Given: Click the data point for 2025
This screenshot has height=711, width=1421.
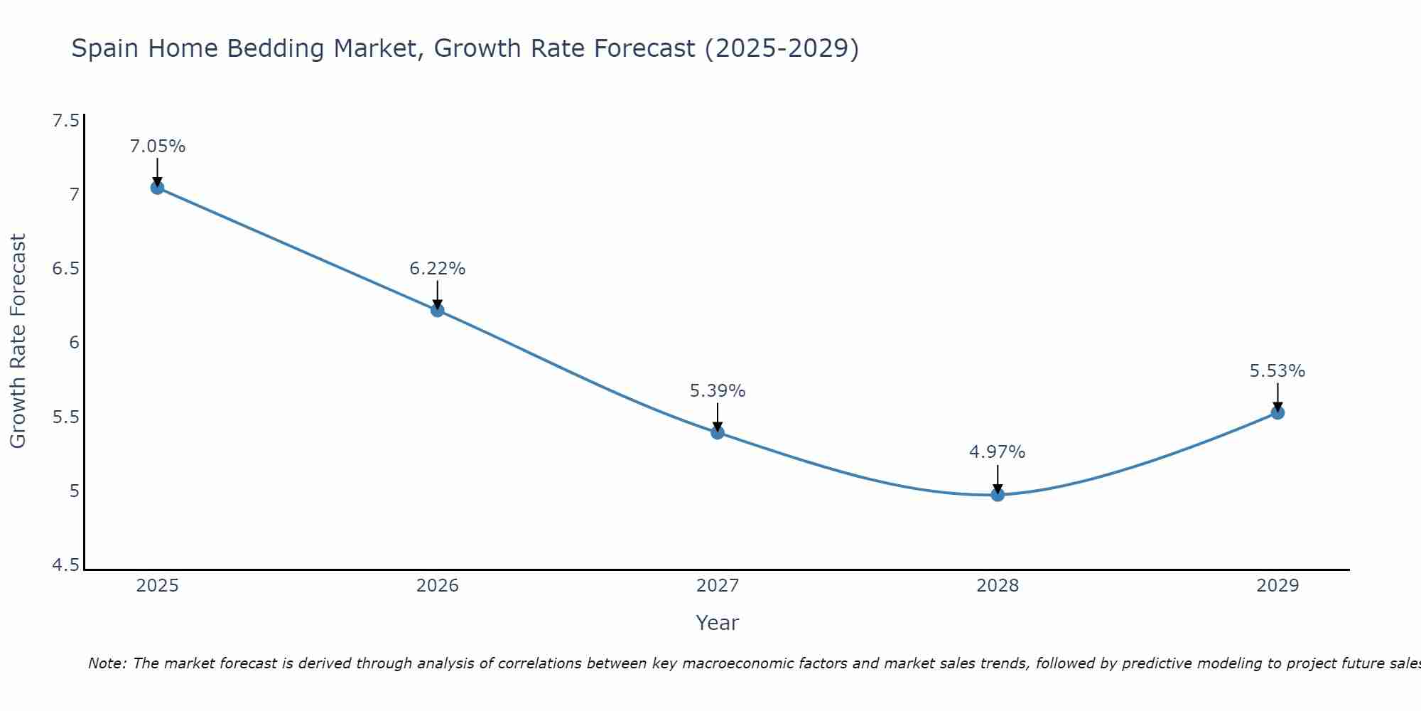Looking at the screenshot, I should click(157, 188).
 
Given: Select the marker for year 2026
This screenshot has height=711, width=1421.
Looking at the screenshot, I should click(437, 310).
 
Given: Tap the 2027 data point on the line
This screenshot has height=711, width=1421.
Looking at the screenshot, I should click(718, 432).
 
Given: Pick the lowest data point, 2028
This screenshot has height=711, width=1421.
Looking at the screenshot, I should click(998, 494).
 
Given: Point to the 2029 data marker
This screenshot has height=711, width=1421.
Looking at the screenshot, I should click(1277, 412).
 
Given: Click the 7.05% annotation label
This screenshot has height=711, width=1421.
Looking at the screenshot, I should click(157, 146).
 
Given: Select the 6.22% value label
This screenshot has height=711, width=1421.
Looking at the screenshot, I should click(437, 269).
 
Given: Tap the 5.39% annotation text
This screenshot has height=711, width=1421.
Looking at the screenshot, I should click(718, 391).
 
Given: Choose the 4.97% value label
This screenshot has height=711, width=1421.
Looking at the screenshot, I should click(998, 452).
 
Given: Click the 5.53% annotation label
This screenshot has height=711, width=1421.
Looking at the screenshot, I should click(1277, 371).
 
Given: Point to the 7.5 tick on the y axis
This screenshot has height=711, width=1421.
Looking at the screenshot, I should click(66, 121).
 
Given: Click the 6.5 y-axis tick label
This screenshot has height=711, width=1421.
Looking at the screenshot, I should click(66, 269).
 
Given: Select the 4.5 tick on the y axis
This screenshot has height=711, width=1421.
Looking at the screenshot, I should click(66, 565).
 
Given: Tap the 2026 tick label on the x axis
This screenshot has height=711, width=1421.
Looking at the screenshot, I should click(437, 586).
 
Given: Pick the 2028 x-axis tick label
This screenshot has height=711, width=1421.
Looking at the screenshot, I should click(998, 586).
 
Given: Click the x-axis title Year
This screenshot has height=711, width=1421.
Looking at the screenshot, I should click(718, 623).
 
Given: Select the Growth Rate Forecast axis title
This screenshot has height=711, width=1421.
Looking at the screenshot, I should click(18, 341).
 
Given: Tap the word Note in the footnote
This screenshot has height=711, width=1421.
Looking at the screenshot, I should click(107, 663).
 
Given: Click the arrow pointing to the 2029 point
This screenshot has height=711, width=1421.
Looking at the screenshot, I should click(1277, 396).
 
